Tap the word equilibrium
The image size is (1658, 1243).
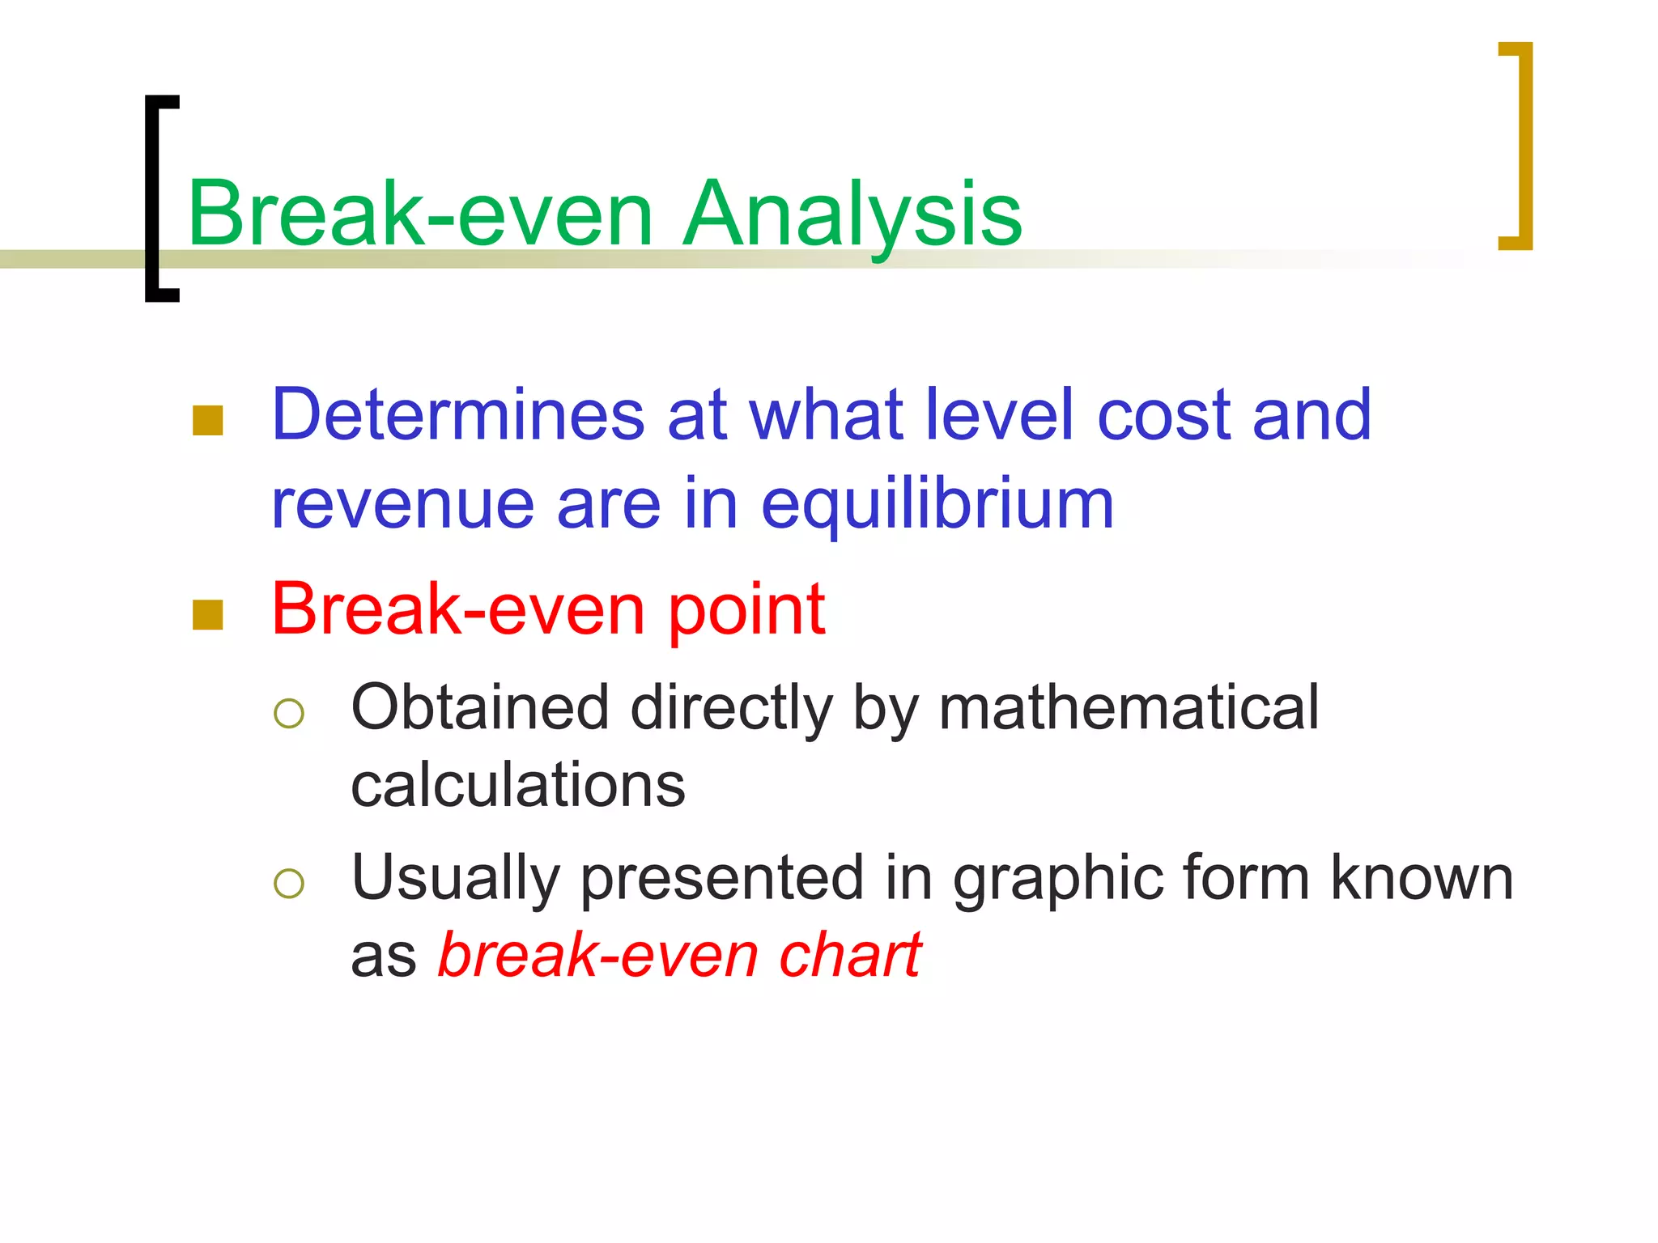937,505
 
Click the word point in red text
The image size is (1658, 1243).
746,611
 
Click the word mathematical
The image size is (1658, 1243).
1129,707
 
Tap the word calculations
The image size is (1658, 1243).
518,785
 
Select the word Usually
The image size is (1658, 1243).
456,879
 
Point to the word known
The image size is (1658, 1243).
1422,879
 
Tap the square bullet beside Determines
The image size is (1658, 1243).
208,420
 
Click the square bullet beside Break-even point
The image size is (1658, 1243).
208,614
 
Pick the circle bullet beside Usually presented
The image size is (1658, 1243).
289,884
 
